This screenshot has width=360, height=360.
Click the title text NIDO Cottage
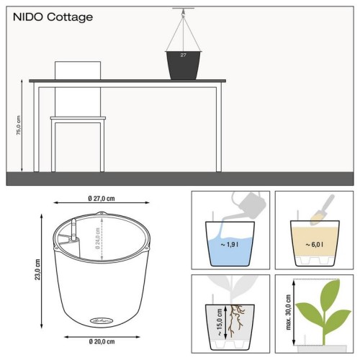(x=52, y=17)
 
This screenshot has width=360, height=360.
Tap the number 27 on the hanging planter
(x=184, y=55)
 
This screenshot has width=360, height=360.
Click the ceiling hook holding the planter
(x=184, y=11)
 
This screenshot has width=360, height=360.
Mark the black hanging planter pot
(x=184, y=65)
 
